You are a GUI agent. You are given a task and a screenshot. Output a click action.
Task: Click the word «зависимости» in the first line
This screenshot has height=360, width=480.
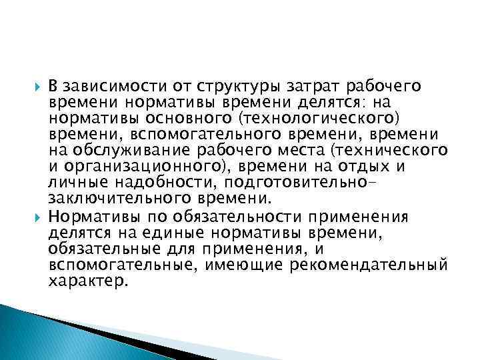[107, 87]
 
